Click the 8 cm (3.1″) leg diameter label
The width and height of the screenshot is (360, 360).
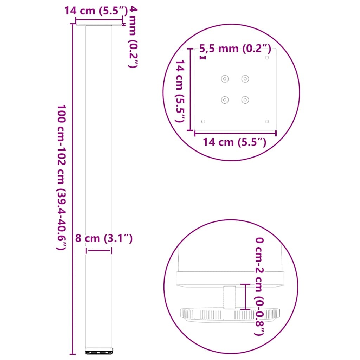pyautogui.click(x=104, y=239)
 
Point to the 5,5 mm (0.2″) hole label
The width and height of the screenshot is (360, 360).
pyautogui.click(x=235, y=49)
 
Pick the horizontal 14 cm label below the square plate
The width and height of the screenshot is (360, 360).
pyautogui.click(x=234, y=142)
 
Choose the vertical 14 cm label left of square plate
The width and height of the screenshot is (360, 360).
pyautogui.click(x=180, y=91)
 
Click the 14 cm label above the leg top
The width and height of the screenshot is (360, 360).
pyautogui.click(x=95, y=11)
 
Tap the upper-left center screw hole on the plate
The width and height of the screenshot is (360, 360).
pyautogui.click(x=225, y=79)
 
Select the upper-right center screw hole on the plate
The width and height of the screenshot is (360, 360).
pyautogui.click(x=245, y=79)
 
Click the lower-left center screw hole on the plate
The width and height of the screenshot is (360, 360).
pyautogui.click(x=225, y=100)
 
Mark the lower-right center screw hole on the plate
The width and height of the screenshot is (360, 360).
pyautogui.click(x=245, y=100)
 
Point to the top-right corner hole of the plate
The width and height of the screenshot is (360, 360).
pyautogui.click(x=267, y=57)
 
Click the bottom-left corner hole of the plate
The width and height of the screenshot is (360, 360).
pyautogui.click(x=203, y=121)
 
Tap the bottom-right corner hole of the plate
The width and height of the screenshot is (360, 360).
pyautogui.click(x=267, y=121)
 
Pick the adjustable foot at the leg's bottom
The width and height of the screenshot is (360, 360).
pyautogui.click(x=99, y=351)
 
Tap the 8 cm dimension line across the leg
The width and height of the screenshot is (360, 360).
pyautogui.click(x=99, y=251)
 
